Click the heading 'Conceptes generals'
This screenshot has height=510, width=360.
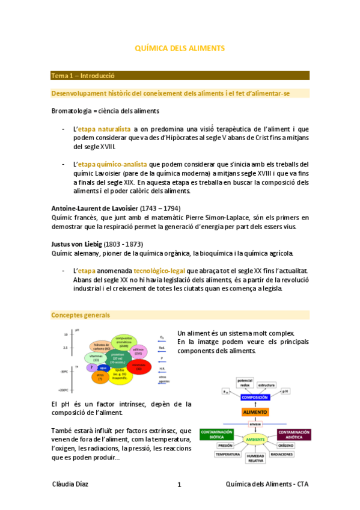(81, 315)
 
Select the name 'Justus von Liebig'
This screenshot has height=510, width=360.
(78, 245)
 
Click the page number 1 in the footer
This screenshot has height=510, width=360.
(178, 485)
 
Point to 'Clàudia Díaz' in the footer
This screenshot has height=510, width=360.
(71, 484)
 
